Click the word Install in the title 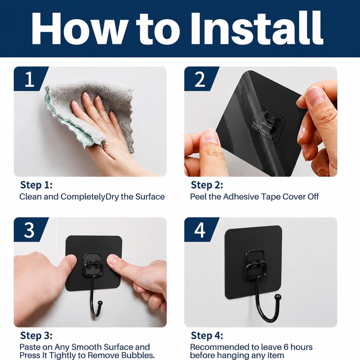point(256,28)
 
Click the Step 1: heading point(36,185)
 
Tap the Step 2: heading point(207,185)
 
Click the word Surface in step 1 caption point(150,197)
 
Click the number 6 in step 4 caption point(286,347)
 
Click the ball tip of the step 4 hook point(278,297)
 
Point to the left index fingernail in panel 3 point(72,259)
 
